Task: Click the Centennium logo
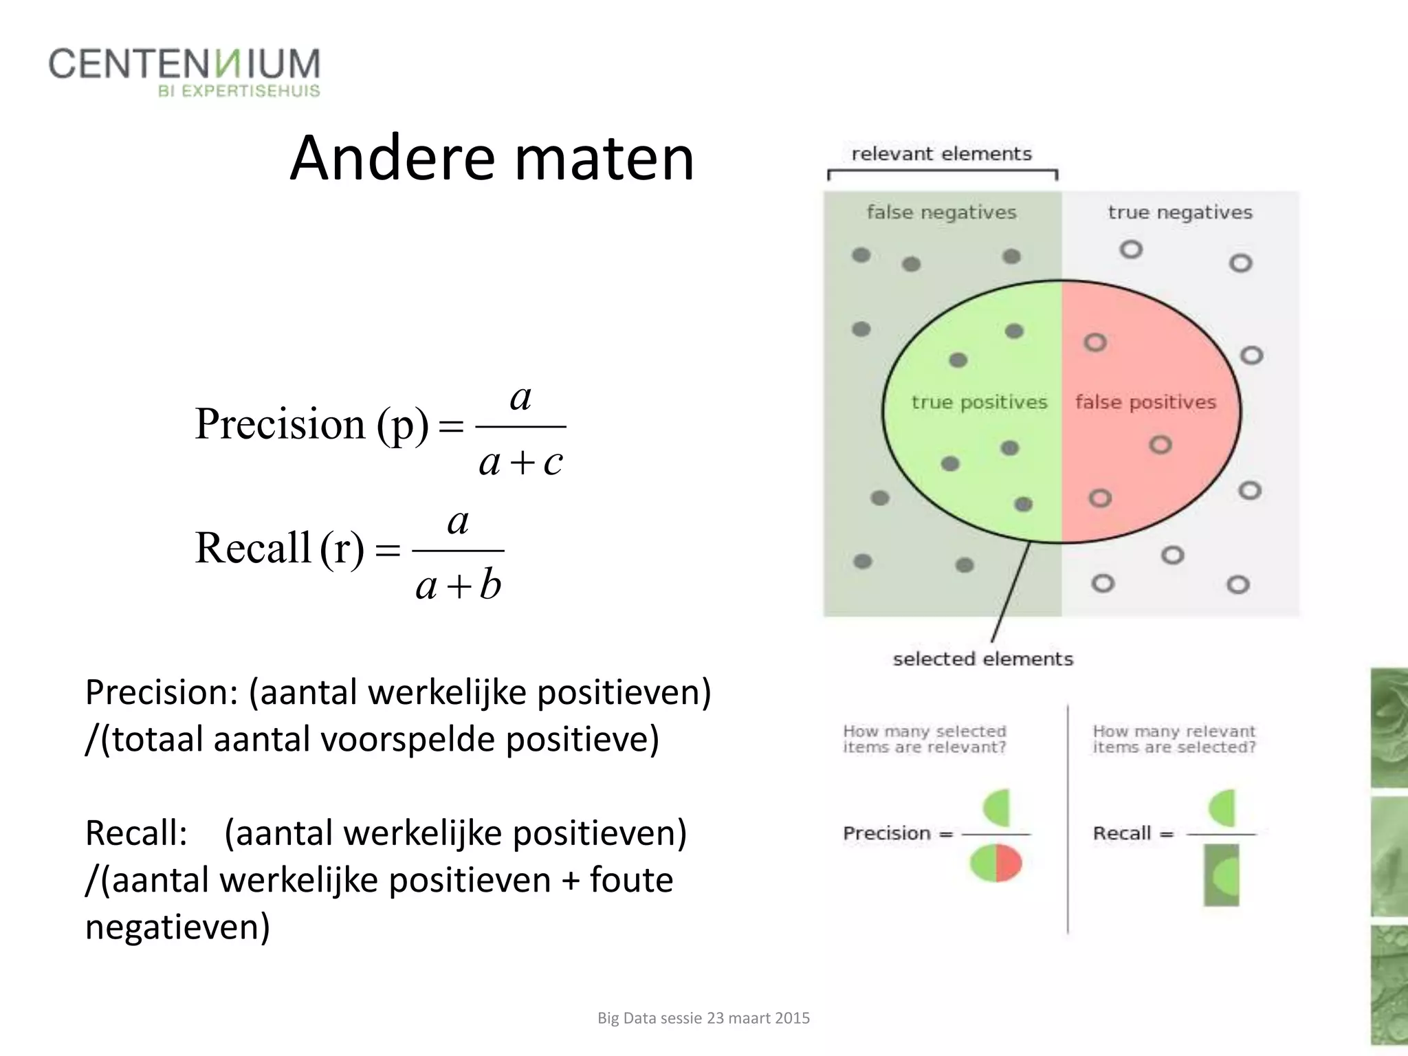tap(184, 71)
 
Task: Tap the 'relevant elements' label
tap(941, 153)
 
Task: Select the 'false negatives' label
tap(941, 212)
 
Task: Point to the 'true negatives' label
tap(1180, 212)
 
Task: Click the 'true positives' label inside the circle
tap(979, 402)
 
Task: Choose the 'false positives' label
tap(1145, 402)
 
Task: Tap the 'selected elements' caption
tap(982, 659)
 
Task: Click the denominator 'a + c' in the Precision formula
tap(521, 462)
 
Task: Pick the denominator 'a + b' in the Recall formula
tap(459, 586)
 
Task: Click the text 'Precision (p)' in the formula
tap(312, 423)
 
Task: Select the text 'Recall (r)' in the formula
tap(279, 548)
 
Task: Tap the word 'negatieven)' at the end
tap(177, 927)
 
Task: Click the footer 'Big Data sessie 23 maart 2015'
tap(703, 1018)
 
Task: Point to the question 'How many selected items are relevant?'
tap(925, 739)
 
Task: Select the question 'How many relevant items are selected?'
tap(1174, 739)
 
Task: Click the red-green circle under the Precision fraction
tap(996, 863)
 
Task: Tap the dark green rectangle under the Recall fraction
tap(1222, 874)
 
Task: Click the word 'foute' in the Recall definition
tap(631, 880)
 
